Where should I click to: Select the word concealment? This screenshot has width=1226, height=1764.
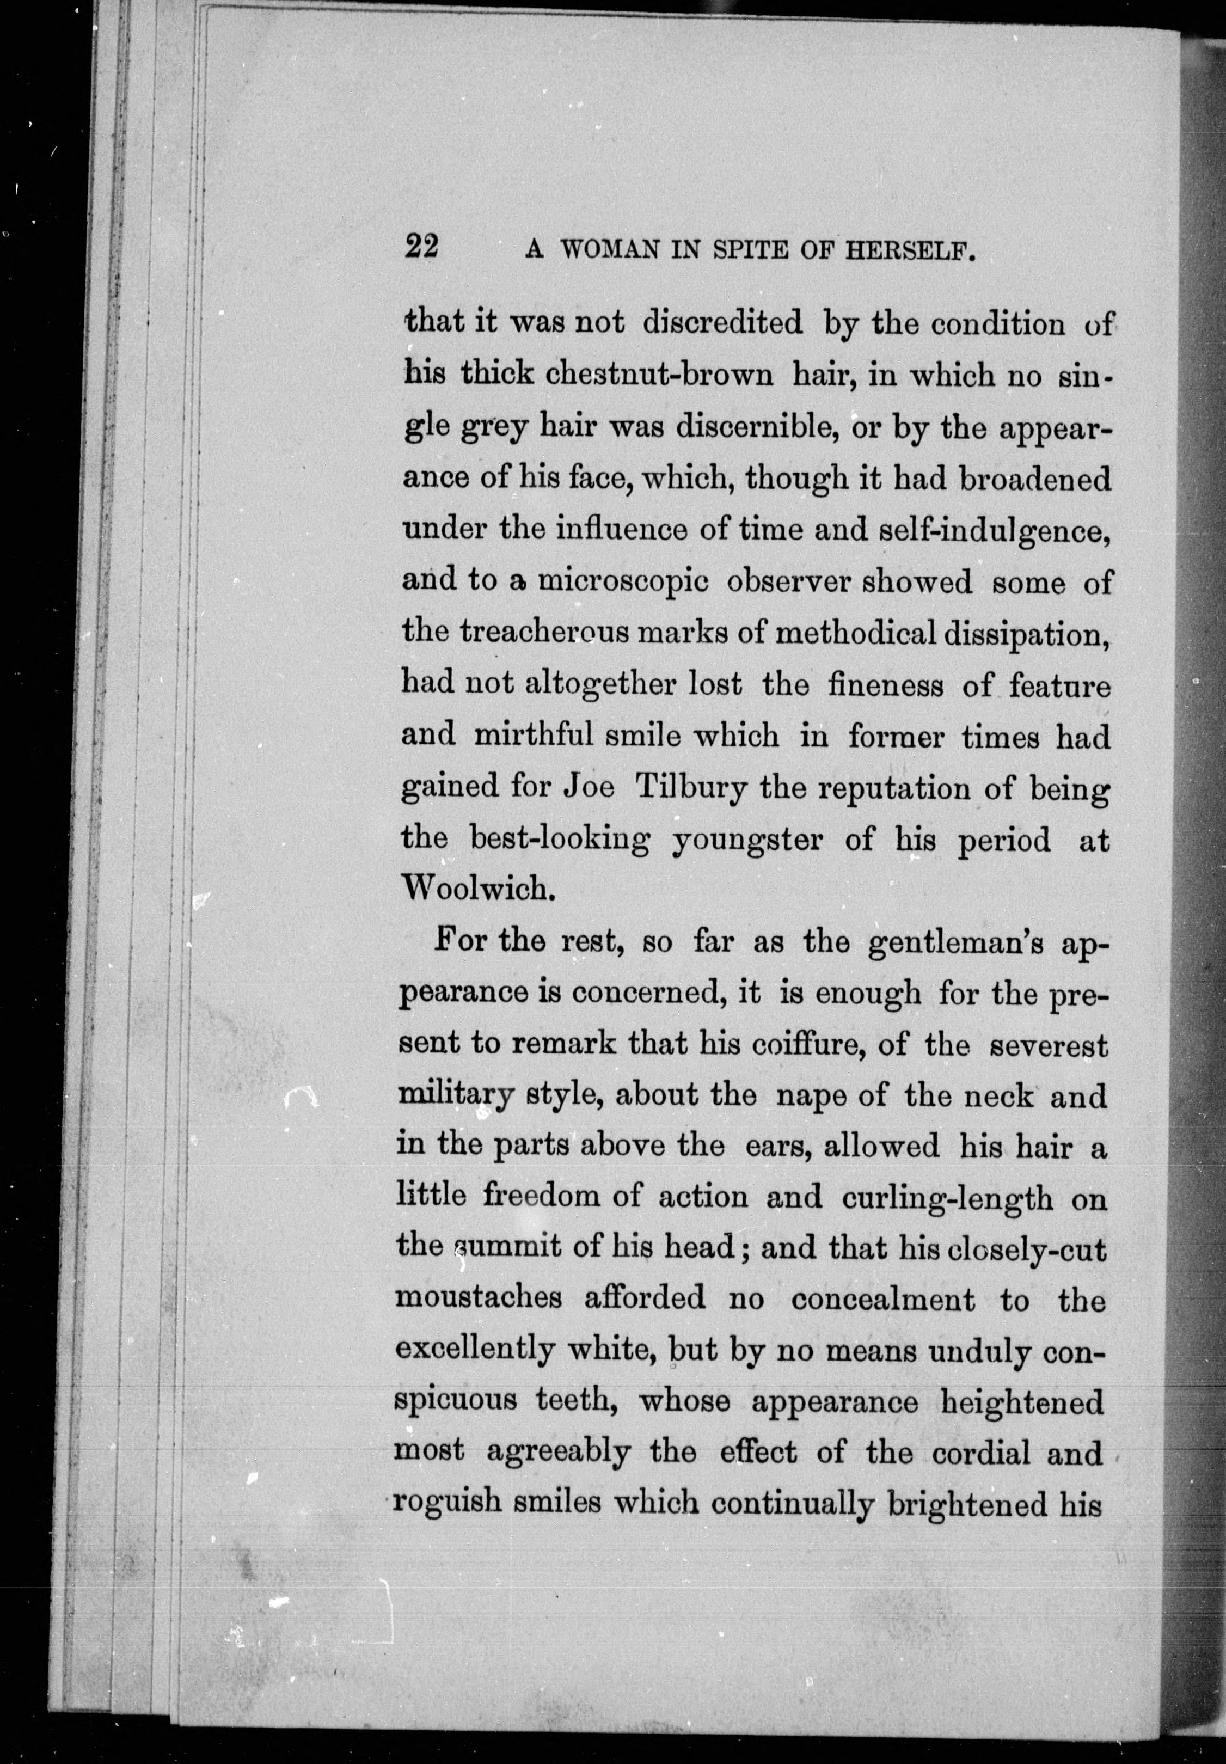pyautogui.click(x=882, y=1300)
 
